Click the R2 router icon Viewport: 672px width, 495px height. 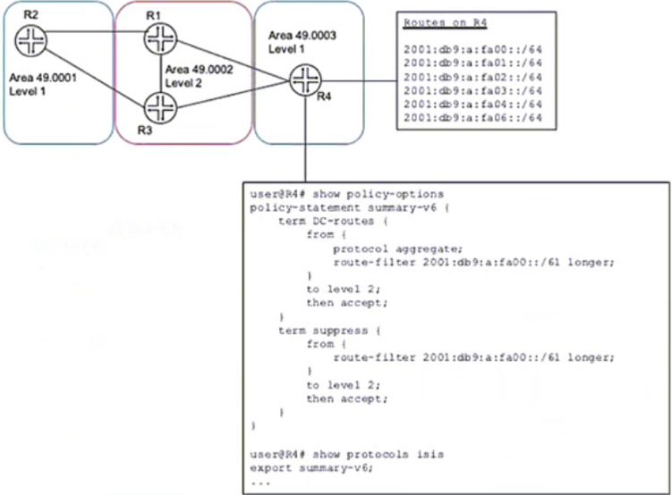(30, 40)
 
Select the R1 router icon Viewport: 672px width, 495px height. (160, 38)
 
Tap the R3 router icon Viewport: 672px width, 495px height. (160, 108)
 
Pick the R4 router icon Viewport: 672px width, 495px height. (305, 80)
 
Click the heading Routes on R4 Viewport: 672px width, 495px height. (446, 22)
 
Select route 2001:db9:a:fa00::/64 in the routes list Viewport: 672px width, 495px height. (472, 50)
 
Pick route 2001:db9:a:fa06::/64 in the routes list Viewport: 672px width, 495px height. (472, 118)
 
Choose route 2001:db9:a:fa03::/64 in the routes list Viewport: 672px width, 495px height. (472, 91)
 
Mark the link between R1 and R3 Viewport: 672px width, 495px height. (161, 73)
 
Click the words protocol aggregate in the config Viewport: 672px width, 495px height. (398, 248)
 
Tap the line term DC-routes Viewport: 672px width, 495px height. (333, 222)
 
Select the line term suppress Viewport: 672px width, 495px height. (329, 331)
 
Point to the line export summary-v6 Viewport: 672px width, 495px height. (311, 468)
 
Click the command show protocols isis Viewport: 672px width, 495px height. (378, 455)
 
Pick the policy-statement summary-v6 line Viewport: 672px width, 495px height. (349, 208)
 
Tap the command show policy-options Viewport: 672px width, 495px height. (378, 194)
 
